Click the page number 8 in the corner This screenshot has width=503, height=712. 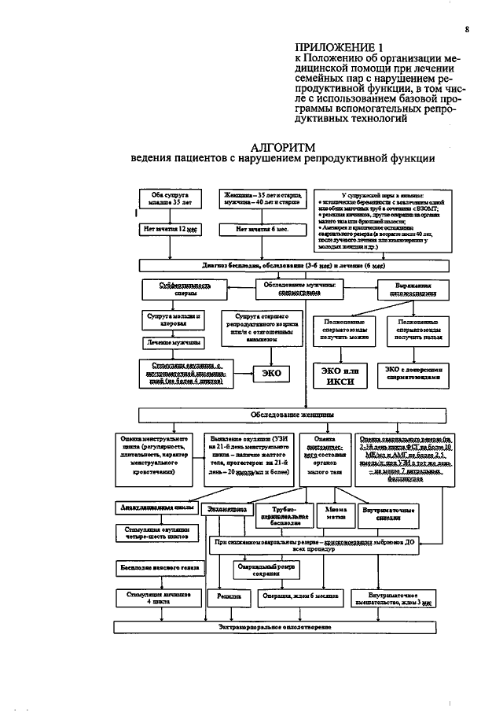coord(466,30)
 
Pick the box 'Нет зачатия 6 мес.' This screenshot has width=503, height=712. coord(263,230)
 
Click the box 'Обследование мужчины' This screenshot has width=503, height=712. coord(299,289)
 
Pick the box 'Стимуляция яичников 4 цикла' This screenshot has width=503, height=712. coord(155,599)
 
